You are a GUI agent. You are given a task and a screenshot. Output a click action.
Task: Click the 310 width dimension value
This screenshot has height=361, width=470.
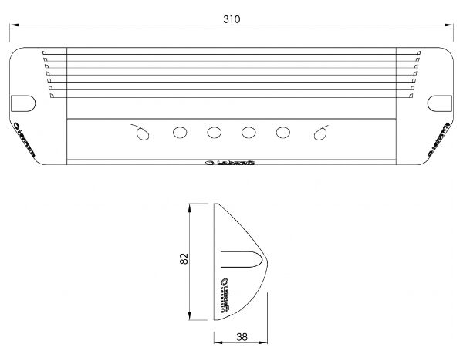coord(231,19)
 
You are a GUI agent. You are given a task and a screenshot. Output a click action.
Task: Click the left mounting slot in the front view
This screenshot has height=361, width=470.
coord(22,102)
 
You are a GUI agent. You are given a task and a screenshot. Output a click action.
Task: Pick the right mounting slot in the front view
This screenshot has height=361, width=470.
coord(439,102)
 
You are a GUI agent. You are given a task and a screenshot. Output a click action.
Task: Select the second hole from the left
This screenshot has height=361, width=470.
coord(180,133)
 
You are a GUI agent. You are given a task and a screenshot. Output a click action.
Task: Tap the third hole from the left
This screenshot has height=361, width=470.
coord(215,133)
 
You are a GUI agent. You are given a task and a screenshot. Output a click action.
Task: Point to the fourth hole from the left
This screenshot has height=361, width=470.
coord(249,133)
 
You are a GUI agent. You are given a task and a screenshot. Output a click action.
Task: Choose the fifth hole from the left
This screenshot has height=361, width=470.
coord(283,133)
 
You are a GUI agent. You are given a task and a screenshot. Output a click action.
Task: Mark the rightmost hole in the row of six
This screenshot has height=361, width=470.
coord(319,133)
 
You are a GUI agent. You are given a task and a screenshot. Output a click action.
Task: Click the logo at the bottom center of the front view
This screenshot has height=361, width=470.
coord(231,163)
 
